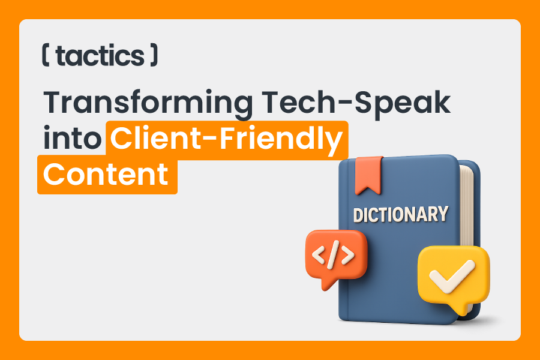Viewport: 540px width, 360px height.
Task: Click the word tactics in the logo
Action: (100, 56)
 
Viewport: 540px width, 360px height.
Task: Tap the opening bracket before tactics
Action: (46, 55)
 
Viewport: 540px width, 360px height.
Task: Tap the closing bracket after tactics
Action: (154, 55)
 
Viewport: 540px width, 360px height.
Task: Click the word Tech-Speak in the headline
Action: (356, 102)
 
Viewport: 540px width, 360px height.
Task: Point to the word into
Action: (72, 138)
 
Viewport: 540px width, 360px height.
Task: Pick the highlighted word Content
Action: (106, 175)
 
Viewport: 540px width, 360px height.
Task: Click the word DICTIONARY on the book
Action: (401, 214)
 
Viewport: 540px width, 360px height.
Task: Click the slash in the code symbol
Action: (334, 255)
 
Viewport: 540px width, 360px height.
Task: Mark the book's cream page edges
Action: (467, 206)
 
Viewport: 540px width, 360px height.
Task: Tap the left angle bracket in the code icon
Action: (319, 255)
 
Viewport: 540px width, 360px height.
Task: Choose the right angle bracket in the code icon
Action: (347, 255)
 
